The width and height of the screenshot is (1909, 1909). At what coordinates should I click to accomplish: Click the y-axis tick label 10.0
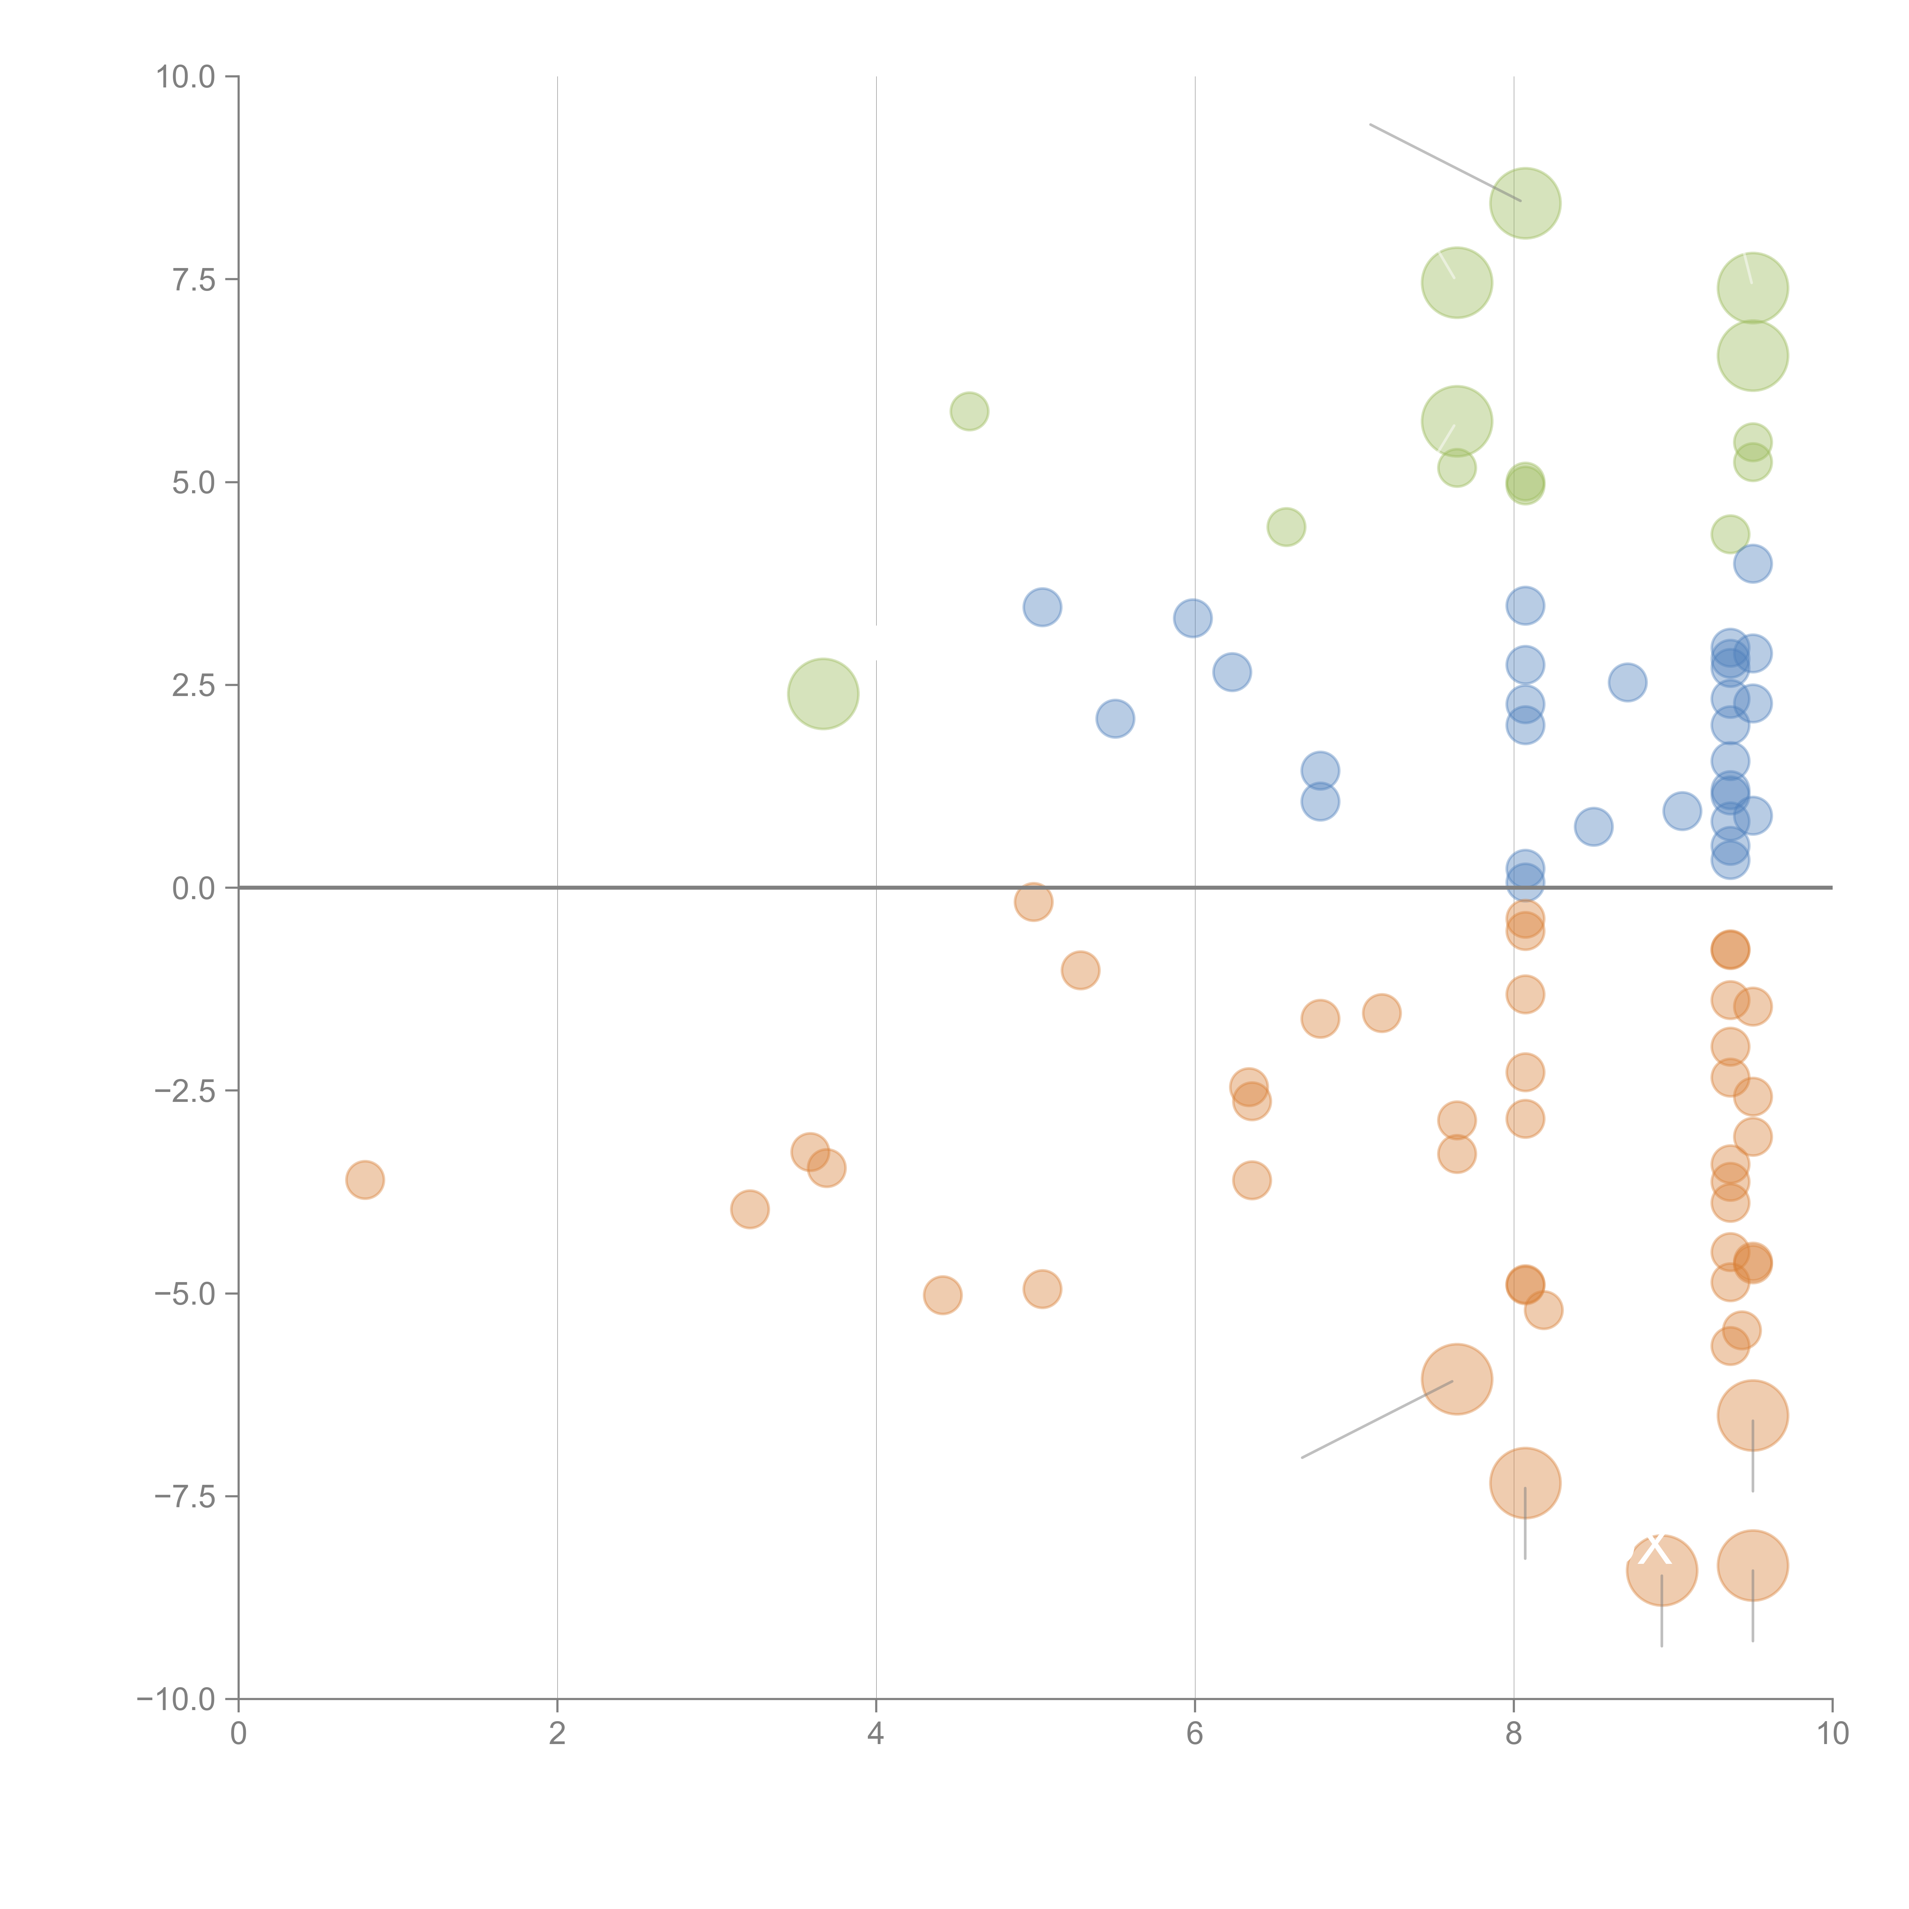tap(186, 77)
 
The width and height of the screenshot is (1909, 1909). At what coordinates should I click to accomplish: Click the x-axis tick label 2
tap(557, 1734)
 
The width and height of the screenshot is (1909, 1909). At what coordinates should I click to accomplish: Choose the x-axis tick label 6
tap(1195, 1734)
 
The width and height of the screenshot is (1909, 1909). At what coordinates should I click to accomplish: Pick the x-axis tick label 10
tap(1832, 1734)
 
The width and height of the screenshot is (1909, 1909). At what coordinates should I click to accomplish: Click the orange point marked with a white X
tap(1661, 1570)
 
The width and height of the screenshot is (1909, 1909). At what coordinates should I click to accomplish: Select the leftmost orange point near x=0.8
tap(365, 1180)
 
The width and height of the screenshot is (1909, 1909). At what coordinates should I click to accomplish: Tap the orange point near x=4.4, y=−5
tap(943, 1295)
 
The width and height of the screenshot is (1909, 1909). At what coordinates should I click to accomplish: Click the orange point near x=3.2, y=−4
tap(750, 1210)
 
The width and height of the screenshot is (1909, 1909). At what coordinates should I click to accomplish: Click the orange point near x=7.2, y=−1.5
tap(1381, 1013)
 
